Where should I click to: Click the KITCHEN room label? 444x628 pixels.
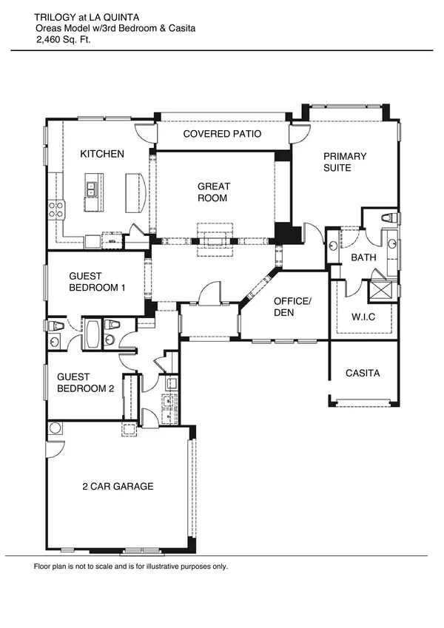[x=102, y=154]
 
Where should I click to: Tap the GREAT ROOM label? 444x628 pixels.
[x=213, y=192]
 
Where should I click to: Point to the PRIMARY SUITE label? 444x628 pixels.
[x=344, y=162]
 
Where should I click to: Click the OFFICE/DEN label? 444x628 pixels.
[x=292, y=307]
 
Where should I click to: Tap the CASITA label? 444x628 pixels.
[x=363, y=373]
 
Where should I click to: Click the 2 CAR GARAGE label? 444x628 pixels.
[x=118, y=486]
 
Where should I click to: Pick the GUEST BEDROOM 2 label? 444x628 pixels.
[x=86, y=382]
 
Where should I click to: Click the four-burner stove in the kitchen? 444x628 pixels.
[x=55, y=209]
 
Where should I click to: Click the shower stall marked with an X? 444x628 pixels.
[x=383, y=288]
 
